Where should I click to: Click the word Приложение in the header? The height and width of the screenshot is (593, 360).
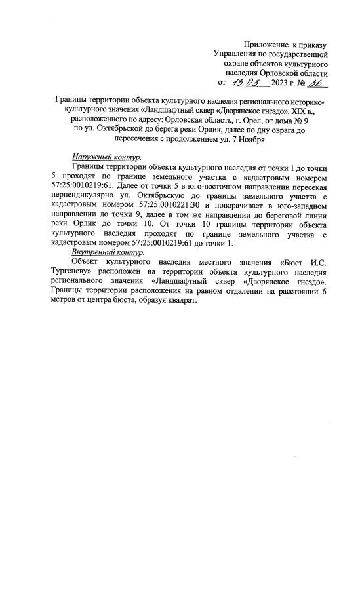266,43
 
